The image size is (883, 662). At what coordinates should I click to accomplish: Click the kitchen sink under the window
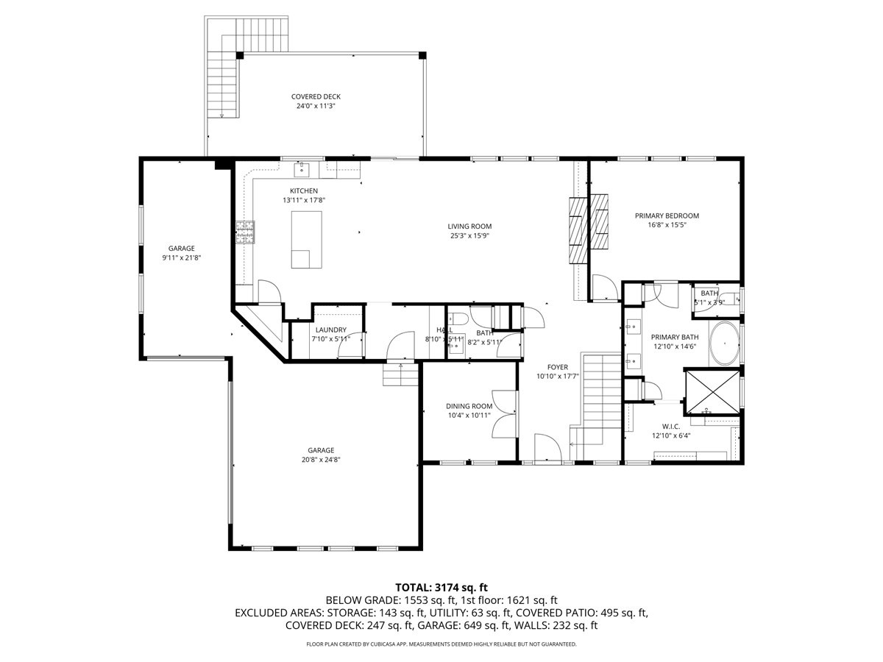click(302, 170)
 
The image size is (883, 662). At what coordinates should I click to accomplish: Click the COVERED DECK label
click(316, 96)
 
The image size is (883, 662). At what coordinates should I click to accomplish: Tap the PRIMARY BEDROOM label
click(667, 216)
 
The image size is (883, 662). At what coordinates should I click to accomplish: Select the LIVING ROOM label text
click(469, 227)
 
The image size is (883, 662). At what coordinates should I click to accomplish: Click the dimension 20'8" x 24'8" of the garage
click(321, 460)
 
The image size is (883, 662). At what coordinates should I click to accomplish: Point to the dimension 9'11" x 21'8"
click(181, 258)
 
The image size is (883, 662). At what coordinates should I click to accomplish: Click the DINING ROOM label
click(469, 406)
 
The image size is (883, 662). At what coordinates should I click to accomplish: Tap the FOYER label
click(557, 367)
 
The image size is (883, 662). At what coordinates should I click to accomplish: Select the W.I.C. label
click(670, 426)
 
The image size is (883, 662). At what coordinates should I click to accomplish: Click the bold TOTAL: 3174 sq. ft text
click(441, 587)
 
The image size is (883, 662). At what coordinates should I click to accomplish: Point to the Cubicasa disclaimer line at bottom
click(441, 644)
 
